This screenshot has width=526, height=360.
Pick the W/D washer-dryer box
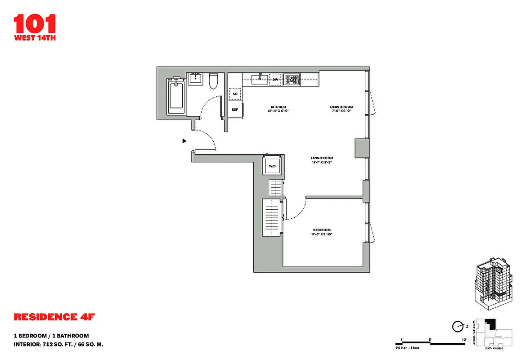[x=272, y=166]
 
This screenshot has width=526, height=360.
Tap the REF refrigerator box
[x=235, y=109]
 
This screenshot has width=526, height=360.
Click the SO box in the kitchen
[x=235, y=94]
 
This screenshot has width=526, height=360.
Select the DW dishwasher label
[x=275, y=80]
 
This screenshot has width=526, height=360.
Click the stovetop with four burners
[x=292, y=80]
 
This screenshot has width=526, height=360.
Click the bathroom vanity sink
[x=196, y=79]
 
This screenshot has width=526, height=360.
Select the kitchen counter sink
[x=259, y=80]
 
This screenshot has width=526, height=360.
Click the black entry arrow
[x=184, y=141]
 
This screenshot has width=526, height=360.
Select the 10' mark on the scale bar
[x=463, y=340]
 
